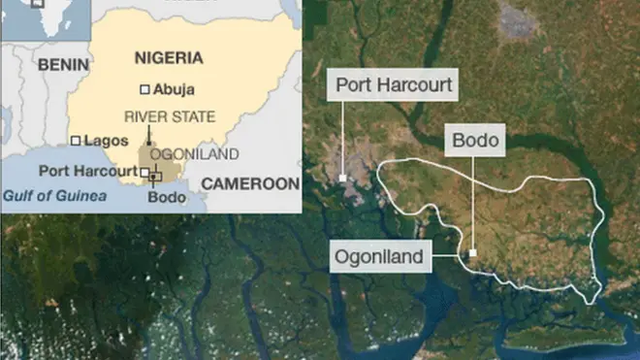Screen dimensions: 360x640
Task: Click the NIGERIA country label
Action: (170, 58)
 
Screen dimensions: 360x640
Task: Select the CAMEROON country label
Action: (250, 182)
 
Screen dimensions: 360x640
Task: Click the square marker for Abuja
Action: (144, 89)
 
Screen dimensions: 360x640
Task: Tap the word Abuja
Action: (174, 89)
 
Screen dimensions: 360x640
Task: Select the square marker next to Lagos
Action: (76, 140)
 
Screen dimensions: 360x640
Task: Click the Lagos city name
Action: (106, 140)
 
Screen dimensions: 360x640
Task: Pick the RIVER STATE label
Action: (170, 116)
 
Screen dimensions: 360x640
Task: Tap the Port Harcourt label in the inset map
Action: (86, 172)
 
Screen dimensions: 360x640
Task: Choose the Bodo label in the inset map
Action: (164, 197)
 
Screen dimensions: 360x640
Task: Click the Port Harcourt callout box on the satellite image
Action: (393, 85)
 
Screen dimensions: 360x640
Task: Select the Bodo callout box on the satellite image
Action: (475, 141)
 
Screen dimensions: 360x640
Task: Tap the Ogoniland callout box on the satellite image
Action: (378, 257)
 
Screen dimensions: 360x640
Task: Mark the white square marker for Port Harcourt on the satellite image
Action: (343, 178)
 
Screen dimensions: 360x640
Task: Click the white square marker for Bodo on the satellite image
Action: (472, 253)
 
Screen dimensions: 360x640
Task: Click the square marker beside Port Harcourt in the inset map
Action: (144, 173)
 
